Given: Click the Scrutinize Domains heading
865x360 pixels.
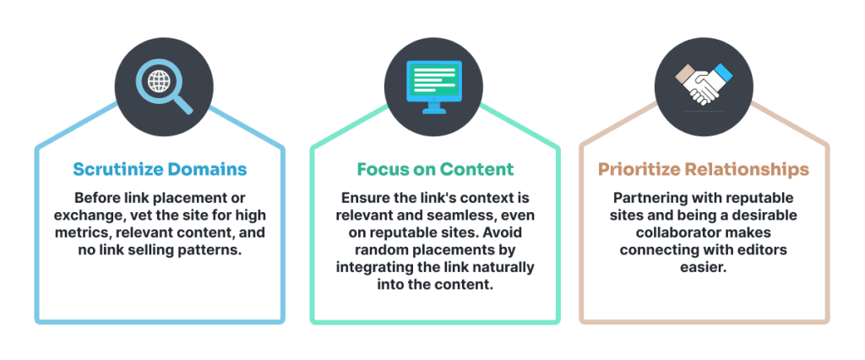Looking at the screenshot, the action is pos(160,169).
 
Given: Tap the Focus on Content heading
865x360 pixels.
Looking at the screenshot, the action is pos(435,169).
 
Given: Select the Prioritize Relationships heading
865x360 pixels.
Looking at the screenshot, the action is pos(704,170).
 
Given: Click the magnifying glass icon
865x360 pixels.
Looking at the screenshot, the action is pos(164,86).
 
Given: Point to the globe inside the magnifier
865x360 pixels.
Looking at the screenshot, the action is pos(159,82).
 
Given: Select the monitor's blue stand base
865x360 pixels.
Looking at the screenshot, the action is pos(433,111).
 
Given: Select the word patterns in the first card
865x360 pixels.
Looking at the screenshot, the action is pos(214,250).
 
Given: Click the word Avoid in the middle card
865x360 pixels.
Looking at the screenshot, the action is pos(515,232).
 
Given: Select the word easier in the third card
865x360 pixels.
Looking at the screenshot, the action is pos(704,267).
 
